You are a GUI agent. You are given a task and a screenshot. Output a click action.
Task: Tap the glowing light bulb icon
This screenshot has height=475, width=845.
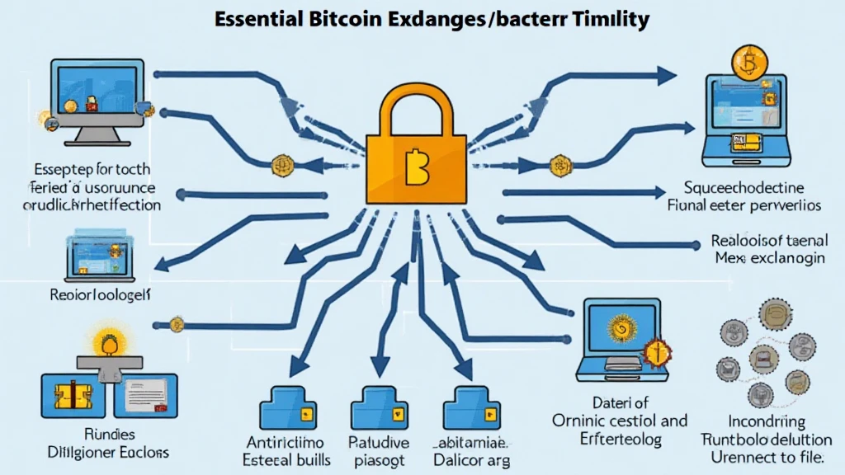(x=106, y=341)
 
